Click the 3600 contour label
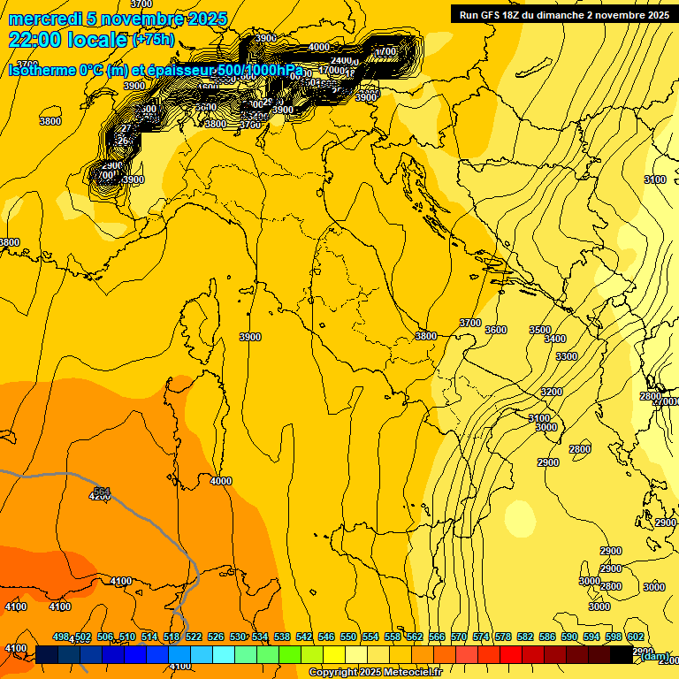tap(496, 330)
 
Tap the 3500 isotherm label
tap(539, 330)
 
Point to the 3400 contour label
tap(555, 339)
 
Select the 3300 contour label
tap(567, 356)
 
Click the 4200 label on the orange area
tap(100, 497)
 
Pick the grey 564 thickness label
tap(102, 491)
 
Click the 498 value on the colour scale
tap(61, 637)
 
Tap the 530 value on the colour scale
tap(238, 637)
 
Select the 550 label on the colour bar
tap(348, 637)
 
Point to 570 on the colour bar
tap(459, 637)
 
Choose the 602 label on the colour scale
tap(636, 637)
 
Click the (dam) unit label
tap(655, 656)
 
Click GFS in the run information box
tap(492, 15)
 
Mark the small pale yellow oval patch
tap(520, 519)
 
